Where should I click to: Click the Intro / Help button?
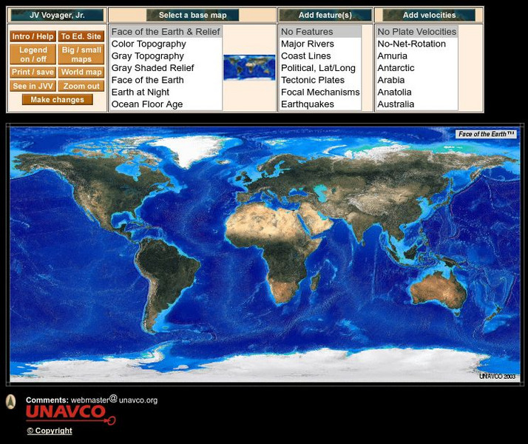[x=33, y=36]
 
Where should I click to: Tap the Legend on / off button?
[x=33, y=54]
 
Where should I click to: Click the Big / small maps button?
[x=81, y=54]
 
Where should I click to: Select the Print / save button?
[x=33, y=73]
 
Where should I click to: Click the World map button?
[x=81, y=73]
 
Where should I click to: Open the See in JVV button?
[x=33, y=86]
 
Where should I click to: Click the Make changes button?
[x=57, y=100]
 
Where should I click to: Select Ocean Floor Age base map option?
[x=146, y=104]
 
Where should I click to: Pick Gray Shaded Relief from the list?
[x=152, y=68]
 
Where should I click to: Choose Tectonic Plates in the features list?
[x=312, y=80]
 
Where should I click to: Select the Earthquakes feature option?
[x=307, y=104]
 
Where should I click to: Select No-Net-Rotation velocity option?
[x=411, y=44]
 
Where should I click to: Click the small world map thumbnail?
[x=249, y=67]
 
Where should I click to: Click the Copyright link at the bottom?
[x=50, y=431]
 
